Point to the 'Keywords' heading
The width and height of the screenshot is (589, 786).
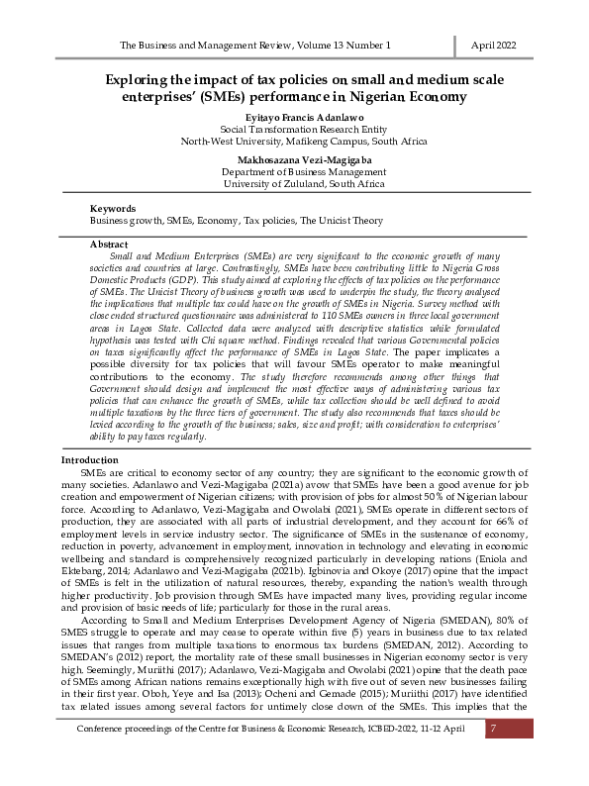point(112,210)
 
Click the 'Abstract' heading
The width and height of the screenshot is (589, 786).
point(109,244)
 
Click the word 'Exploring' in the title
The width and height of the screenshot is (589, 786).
point(139,78)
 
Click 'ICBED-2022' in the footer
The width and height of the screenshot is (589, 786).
point(379,757)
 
